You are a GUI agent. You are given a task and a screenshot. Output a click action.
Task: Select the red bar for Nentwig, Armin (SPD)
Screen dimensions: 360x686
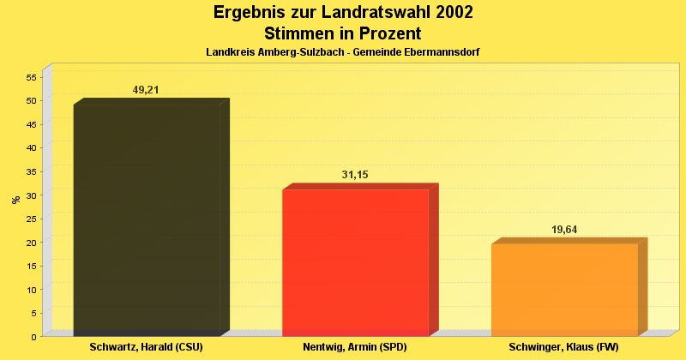355,262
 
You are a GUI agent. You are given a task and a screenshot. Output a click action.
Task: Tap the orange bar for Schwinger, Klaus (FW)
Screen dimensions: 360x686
564,290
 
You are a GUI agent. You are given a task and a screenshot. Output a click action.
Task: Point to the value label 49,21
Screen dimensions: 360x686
146,90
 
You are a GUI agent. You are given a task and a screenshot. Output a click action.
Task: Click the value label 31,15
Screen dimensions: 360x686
355,175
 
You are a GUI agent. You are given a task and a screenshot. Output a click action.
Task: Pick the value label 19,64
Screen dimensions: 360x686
564,230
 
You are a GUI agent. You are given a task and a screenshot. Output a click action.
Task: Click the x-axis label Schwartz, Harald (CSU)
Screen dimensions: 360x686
146,347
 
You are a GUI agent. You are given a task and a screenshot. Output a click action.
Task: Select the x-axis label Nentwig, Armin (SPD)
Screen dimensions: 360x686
355,347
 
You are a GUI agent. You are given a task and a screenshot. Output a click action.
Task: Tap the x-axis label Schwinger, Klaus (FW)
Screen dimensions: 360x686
563,347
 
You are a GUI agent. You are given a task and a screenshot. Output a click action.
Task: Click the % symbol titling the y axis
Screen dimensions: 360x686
15,200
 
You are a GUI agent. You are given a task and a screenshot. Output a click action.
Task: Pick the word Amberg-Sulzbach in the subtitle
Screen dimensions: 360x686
304,52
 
